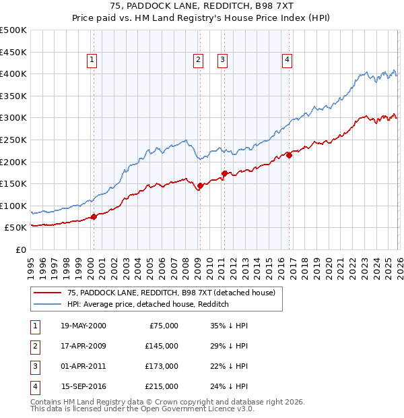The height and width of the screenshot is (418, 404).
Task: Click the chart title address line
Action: tap(201, 7)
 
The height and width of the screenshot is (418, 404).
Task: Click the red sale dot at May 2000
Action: tap(94, 216)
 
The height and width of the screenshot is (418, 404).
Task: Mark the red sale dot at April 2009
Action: tap(200, 185)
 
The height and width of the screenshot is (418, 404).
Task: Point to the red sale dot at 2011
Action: tap(224, 173)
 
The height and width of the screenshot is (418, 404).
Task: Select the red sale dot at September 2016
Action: tap(288, 155)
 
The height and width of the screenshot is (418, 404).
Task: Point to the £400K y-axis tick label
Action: tap(13, 73)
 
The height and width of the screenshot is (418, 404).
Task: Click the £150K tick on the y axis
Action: tap(13, 183)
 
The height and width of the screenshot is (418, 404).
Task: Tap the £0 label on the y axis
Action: tap(20, 249)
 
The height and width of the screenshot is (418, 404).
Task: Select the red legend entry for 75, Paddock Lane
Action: tap(171, 293)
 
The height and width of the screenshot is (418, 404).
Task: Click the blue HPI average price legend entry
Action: tap(148, 304)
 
